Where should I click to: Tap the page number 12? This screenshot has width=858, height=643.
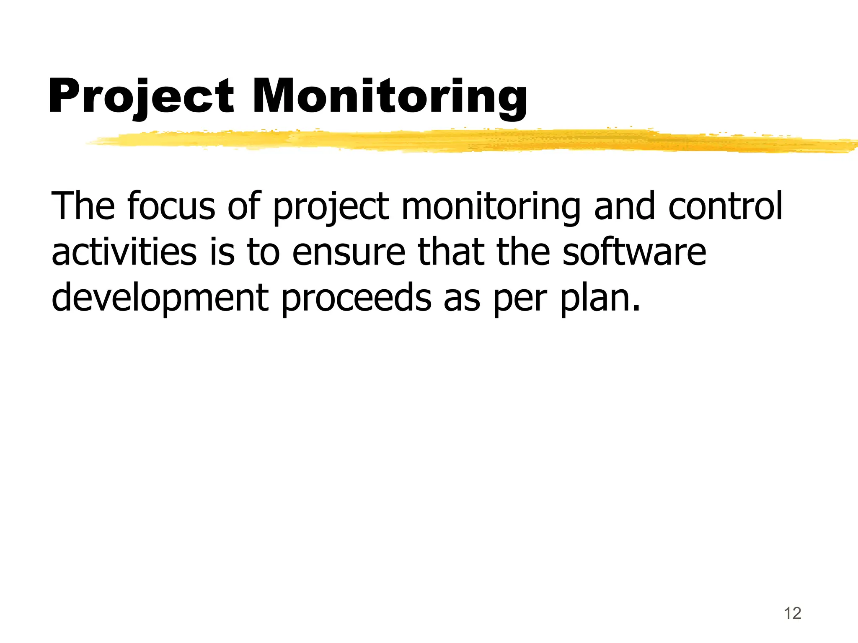(792, 613)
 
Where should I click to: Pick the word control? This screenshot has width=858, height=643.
(725, 206)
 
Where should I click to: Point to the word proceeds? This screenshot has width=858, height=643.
(356, 298)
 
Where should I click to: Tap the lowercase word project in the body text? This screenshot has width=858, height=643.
(331, 206)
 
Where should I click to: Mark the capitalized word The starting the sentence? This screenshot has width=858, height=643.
(83, 206)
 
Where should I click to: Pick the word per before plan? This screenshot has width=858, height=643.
(520, 298)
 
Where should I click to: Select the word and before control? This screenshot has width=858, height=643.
(625, 206)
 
